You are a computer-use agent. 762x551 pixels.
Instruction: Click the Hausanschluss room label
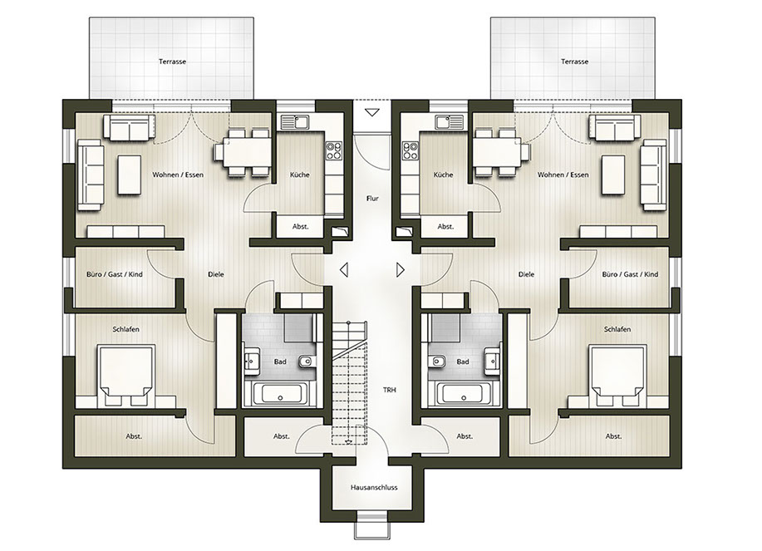pos(374,487)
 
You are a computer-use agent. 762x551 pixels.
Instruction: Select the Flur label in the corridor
pos(372,199)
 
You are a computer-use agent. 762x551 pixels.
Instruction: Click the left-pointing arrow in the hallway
pos(344,269)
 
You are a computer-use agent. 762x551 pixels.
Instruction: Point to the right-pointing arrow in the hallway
pos(401,269)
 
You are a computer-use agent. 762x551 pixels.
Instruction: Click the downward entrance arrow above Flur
pos(372,113)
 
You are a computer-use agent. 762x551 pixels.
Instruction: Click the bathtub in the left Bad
pos(280,392)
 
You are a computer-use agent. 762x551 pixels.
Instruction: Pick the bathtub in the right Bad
pos(465,392)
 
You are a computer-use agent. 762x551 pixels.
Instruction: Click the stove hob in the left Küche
pos(334,150)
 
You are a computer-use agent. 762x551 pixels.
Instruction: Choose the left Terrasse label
pos(172,61)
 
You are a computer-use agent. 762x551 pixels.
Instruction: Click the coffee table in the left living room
pos(130,175)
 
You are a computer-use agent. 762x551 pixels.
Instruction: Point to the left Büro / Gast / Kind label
pos(115,274)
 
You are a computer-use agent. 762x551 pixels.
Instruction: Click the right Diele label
pos(526,274)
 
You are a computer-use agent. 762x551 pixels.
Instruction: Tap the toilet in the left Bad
pos(305,362)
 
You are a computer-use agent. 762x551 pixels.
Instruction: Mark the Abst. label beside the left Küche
pos(300,227)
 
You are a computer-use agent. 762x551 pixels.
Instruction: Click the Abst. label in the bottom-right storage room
pos(614,436)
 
